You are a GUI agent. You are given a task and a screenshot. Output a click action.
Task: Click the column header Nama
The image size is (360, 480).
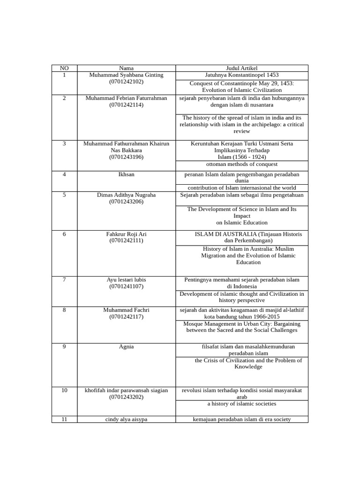126,68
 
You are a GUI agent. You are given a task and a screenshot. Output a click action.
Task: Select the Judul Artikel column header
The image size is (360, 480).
242,68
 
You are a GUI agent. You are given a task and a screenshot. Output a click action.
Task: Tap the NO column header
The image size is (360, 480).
64,68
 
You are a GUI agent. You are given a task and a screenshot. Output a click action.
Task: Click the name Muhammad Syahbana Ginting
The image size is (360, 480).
126,75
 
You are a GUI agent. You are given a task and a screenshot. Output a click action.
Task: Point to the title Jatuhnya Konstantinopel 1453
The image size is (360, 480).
242,75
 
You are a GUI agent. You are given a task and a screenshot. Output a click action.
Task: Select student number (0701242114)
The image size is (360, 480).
126,105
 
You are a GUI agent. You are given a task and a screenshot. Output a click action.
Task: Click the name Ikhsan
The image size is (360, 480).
126,174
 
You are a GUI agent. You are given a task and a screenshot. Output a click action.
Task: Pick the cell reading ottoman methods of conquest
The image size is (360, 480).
242,165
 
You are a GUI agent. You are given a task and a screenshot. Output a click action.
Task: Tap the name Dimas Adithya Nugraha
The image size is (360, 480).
126,195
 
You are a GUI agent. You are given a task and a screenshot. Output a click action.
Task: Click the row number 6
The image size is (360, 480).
64,234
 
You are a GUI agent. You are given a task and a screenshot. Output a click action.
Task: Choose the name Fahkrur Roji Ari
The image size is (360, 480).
126,234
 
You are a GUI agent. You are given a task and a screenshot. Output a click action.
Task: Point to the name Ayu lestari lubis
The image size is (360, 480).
126,280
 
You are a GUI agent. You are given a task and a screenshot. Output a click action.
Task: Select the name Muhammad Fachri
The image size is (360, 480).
126,310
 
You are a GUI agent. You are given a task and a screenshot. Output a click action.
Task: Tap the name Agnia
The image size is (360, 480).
126,347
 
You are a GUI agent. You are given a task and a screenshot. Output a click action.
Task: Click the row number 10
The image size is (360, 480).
64,390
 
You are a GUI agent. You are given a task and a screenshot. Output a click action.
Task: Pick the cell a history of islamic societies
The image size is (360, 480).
242,404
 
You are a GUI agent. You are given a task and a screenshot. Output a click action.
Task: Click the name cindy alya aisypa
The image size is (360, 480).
126,420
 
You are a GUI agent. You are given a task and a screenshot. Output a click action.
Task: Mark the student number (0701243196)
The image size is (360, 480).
126,157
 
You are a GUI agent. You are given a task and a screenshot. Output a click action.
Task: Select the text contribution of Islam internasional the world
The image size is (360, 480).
242,187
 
